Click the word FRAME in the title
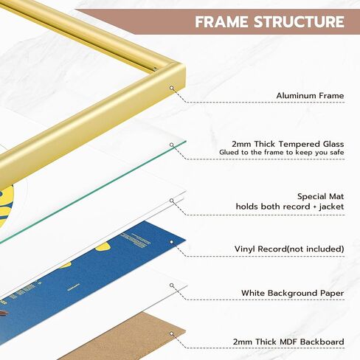click(x=222, y=21)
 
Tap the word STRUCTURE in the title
click(x=299, y=21)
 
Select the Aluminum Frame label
click(x=310, y=95)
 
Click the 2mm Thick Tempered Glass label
click(x=288, y=144)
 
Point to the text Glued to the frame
click(x=254, y=152)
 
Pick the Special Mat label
click(x=321, y=196)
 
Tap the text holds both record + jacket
click(x=290, y=207)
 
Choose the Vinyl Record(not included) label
click(x=289, y=249)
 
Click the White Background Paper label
click(x=293, y=293)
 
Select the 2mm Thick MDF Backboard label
click(x=288, y=342)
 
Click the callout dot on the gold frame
click(x=172, y=88)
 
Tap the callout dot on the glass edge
click(x=172, y=145)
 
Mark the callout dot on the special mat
click(x=172, y=201)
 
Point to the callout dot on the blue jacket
click(x=172, y=242)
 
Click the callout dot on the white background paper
click(x=172, y=285)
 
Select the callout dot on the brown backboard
click(x=172, y=333)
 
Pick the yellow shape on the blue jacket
click(x=103, y=246)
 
